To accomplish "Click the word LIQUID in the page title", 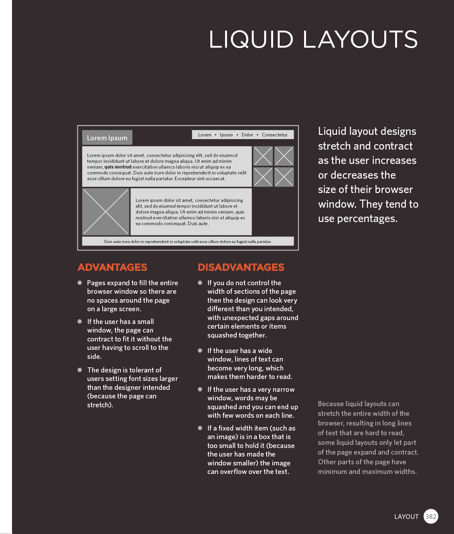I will pyautogui.click(x=251, y=40).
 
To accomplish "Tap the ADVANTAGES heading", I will pyautogui.click(x=112, y=267).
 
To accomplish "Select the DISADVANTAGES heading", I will pyautogui.click(x=241, y=267).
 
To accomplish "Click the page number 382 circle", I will pyautogui.click(x=431, y=517).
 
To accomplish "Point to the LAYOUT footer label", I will pyautogui.click(x=406, y=517).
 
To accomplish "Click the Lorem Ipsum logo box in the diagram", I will pyautogui.click(x=107, y=138).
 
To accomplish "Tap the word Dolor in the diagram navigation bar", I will pyautogui.click(x=247, y=135).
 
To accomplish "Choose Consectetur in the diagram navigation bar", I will pyautogui.click(x=275, y=135).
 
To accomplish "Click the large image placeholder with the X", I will pyautogui.click(x=106, y=212).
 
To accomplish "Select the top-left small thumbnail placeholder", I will pyautogui.click(x=263, y=156).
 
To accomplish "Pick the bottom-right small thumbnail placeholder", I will pyautogui.click(x=284, y=177).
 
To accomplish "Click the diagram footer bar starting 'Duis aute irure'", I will pyautogui.click(x=188, y=241).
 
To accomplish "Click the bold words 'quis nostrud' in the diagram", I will pyautogui.click(x=118, y=167).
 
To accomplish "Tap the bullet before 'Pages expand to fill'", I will pyautogui.click(x=80, y=283).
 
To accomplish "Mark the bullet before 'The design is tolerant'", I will pyautogui.click(x=80, y=370).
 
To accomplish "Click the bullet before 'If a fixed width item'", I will pyautogui.click(x=200, y=428).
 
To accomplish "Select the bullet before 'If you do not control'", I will pyautogui.click(x=200, y=283).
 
